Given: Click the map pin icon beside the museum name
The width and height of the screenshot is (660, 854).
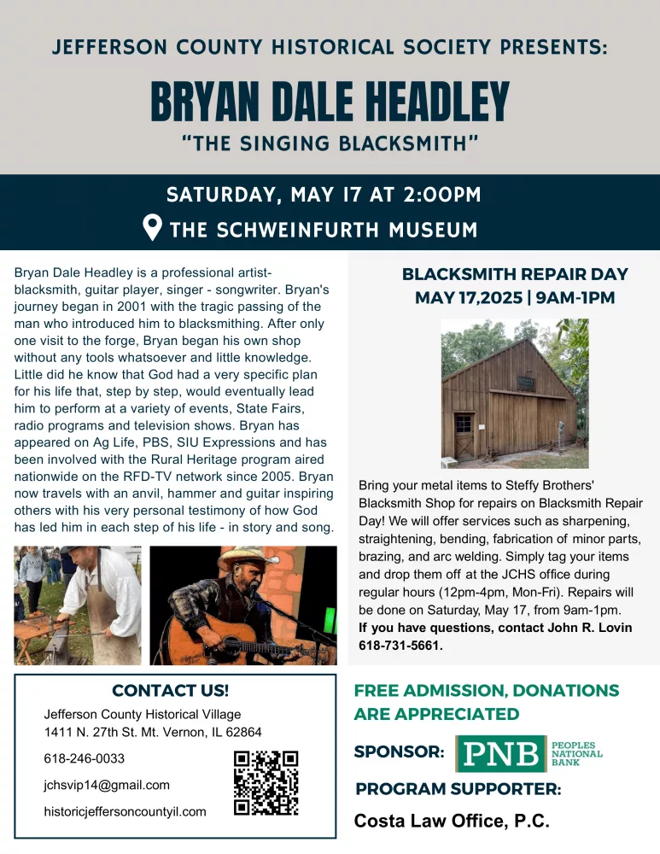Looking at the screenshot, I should coord(152,228).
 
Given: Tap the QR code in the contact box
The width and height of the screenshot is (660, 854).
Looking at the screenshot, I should coord(266,782).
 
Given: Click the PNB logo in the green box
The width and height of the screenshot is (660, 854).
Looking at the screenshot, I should coord(500,752).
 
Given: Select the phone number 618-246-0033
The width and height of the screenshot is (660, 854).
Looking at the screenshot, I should coord(85,758).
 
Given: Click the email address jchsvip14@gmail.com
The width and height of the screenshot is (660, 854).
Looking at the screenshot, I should coord(107,785).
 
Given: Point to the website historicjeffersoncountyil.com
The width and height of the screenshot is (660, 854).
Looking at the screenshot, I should coord(125,811).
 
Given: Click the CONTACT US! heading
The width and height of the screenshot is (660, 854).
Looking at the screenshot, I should coord(170,690).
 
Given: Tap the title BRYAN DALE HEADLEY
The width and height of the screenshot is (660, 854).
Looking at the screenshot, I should coord(330,102).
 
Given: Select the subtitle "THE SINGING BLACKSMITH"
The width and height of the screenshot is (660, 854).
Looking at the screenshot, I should coord(330,142).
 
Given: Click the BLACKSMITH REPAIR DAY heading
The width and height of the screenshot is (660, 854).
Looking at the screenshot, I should coord(515,275).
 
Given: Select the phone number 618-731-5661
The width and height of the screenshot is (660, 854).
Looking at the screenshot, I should coord(401,646).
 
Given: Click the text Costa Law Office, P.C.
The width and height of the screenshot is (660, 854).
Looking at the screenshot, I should coord(452,822).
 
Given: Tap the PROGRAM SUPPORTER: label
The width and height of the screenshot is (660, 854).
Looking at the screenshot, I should coord(458,789).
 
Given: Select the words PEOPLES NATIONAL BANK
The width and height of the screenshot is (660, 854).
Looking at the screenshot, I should coord(577,752).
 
